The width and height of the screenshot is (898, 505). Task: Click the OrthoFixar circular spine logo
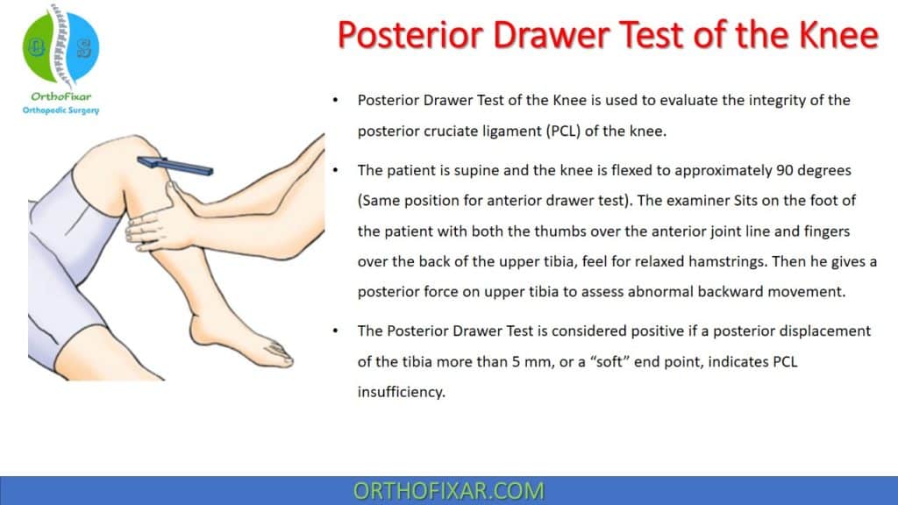pyautogui.click(x=61, y=48)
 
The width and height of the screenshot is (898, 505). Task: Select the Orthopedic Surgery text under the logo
pyautogui.click(x=61, y=110)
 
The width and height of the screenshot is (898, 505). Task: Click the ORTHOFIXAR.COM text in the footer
pyautogui.click(x=448, y=491)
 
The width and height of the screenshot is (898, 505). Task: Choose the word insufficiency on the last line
pyautogui.click(x=402, y=392)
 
